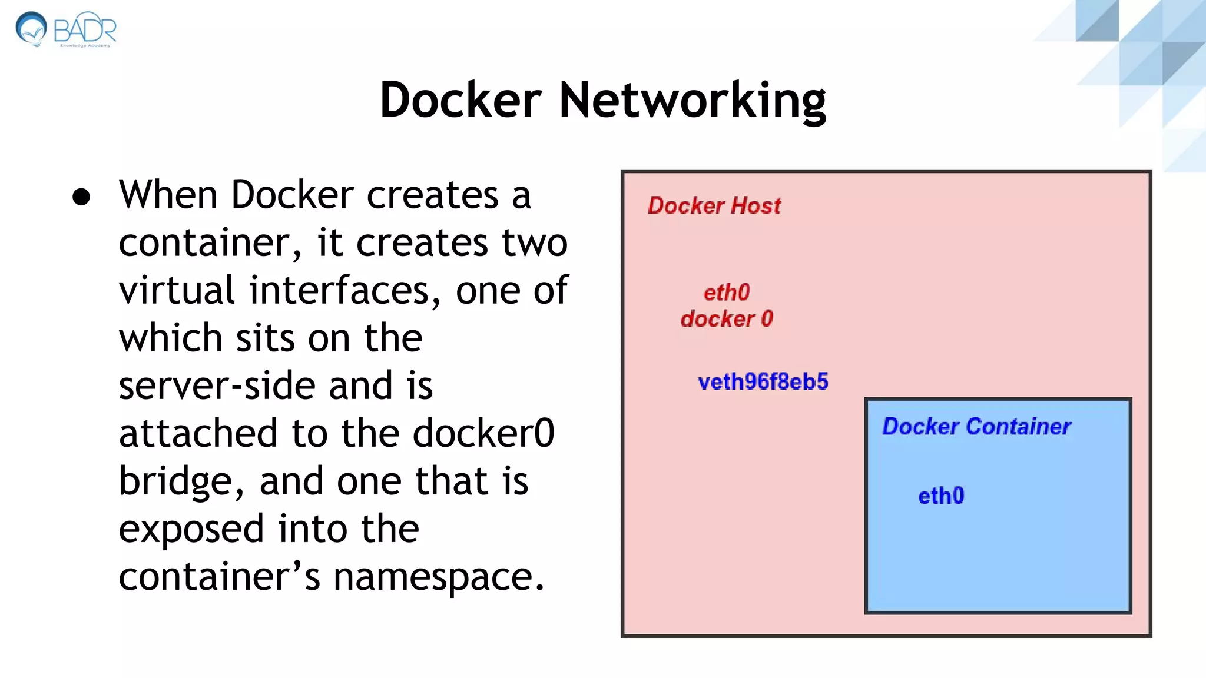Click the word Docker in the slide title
tap(460, 100)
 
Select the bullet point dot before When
tap(81, 197)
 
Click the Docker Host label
tap(714, 206)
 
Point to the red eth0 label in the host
tap(727, 293)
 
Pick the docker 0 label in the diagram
tap(727, 319)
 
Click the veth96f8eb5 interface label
tap(763, 382)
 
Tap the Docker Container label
tap(976, 427)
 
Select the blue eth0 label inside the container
tap(941, 496)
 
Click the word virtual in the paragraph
tap(177, 290)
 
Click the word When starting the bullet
tap(168, 195)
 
